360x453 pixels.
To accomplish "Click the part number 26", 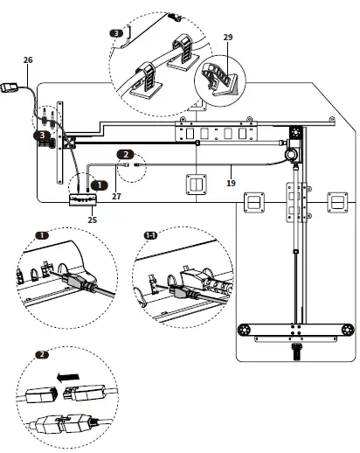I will coord(28,59).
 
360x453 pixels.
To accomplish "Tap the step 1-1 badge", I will coord(151,235).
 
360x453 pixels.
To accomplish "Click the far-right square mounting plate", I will coord(335,203).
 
